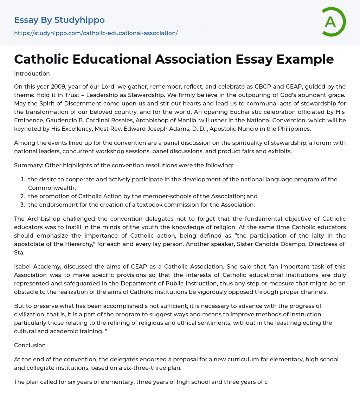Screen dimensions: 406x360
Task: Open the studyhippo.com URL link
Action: (x=96, y=33)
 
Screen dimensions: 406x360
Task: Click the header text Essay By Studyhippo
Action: (x=59, y=20)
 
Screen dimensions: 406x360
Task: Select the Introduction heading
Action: (x=32, y=73)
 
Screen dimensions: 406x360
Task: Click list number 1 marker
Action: (x=23, y=179)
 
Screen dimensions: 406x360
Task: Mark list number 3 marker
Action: (x=23, y=205)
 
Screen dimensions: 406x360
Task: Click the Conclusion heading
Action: (x=30, y=345)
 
